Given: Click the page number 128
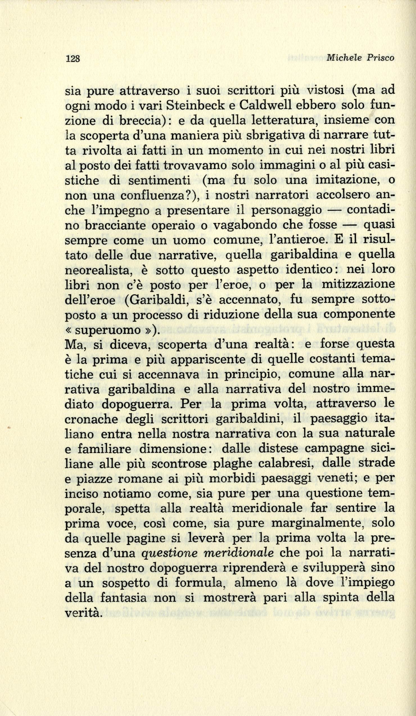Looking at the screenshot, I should [x=73, y=58].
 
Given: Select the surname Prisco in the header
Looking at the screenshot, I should [x=381, y=58].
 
